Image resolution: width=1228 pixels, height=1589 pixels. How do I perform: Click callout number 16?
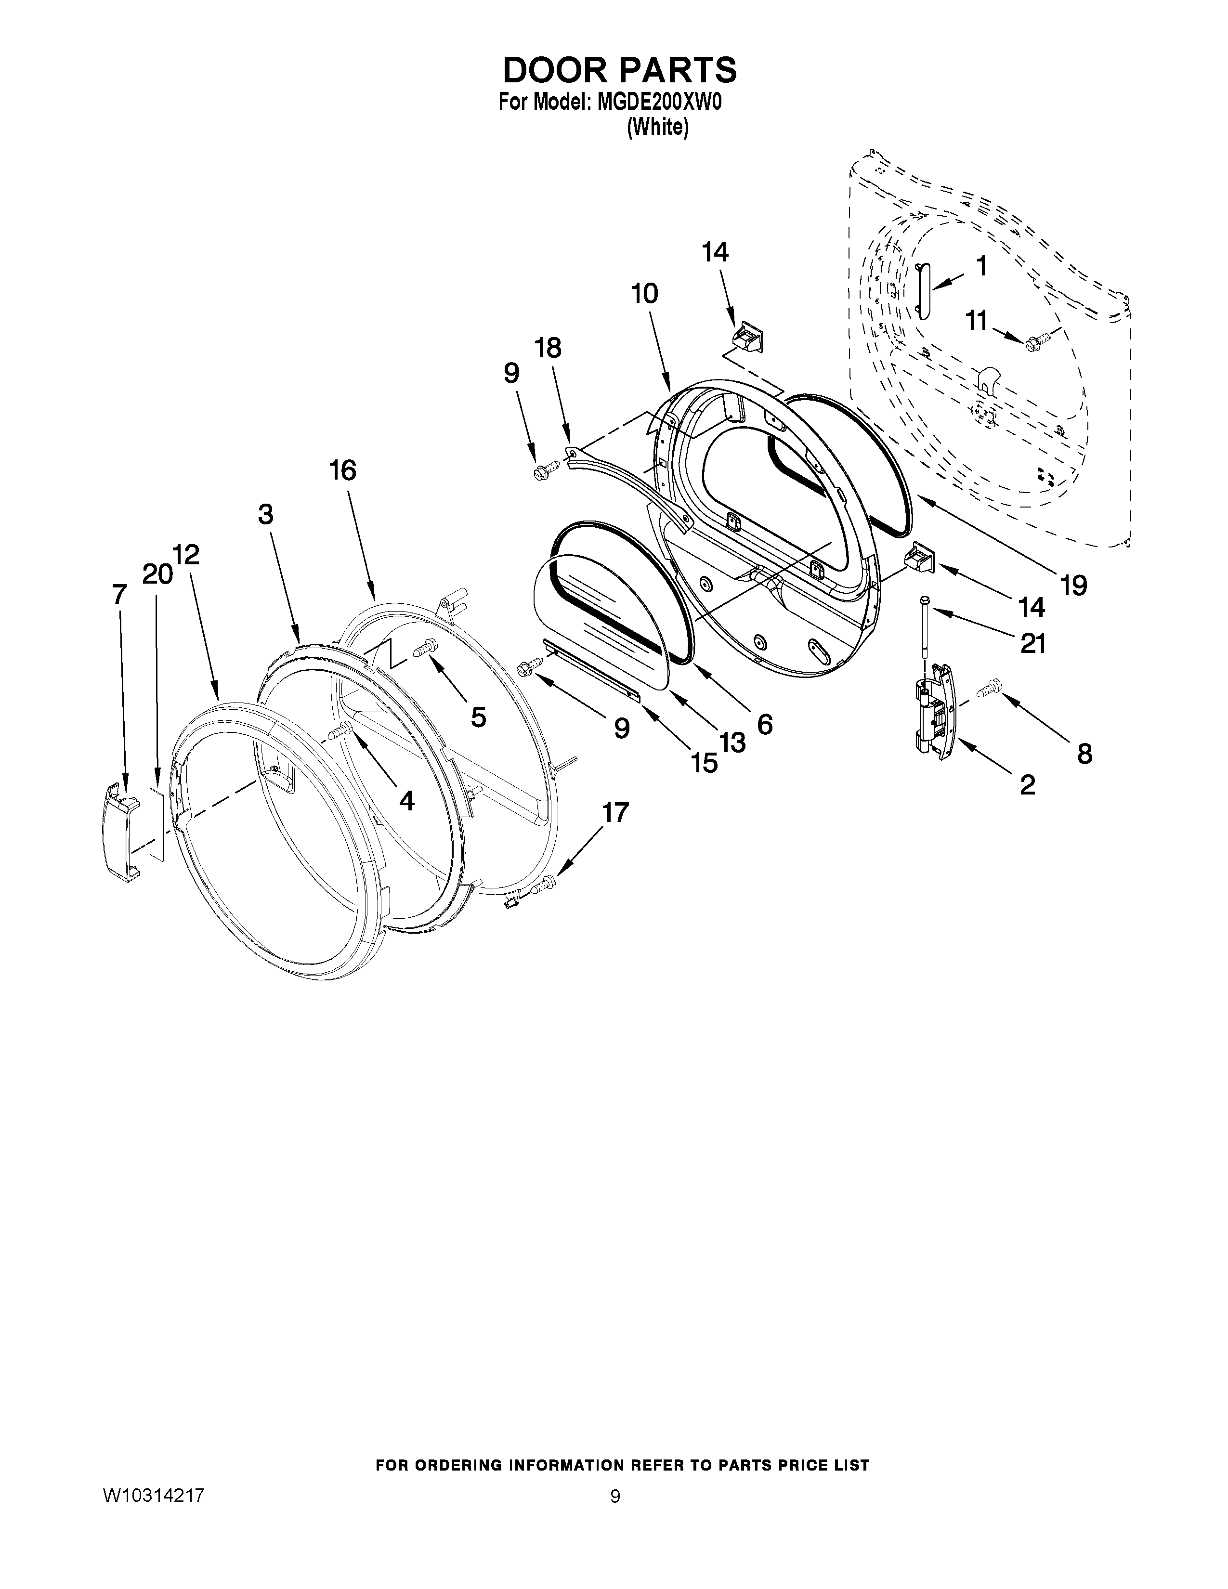point(343,471)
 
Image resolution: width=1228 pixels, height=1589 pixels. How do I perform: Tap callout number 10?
point(644,293)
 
